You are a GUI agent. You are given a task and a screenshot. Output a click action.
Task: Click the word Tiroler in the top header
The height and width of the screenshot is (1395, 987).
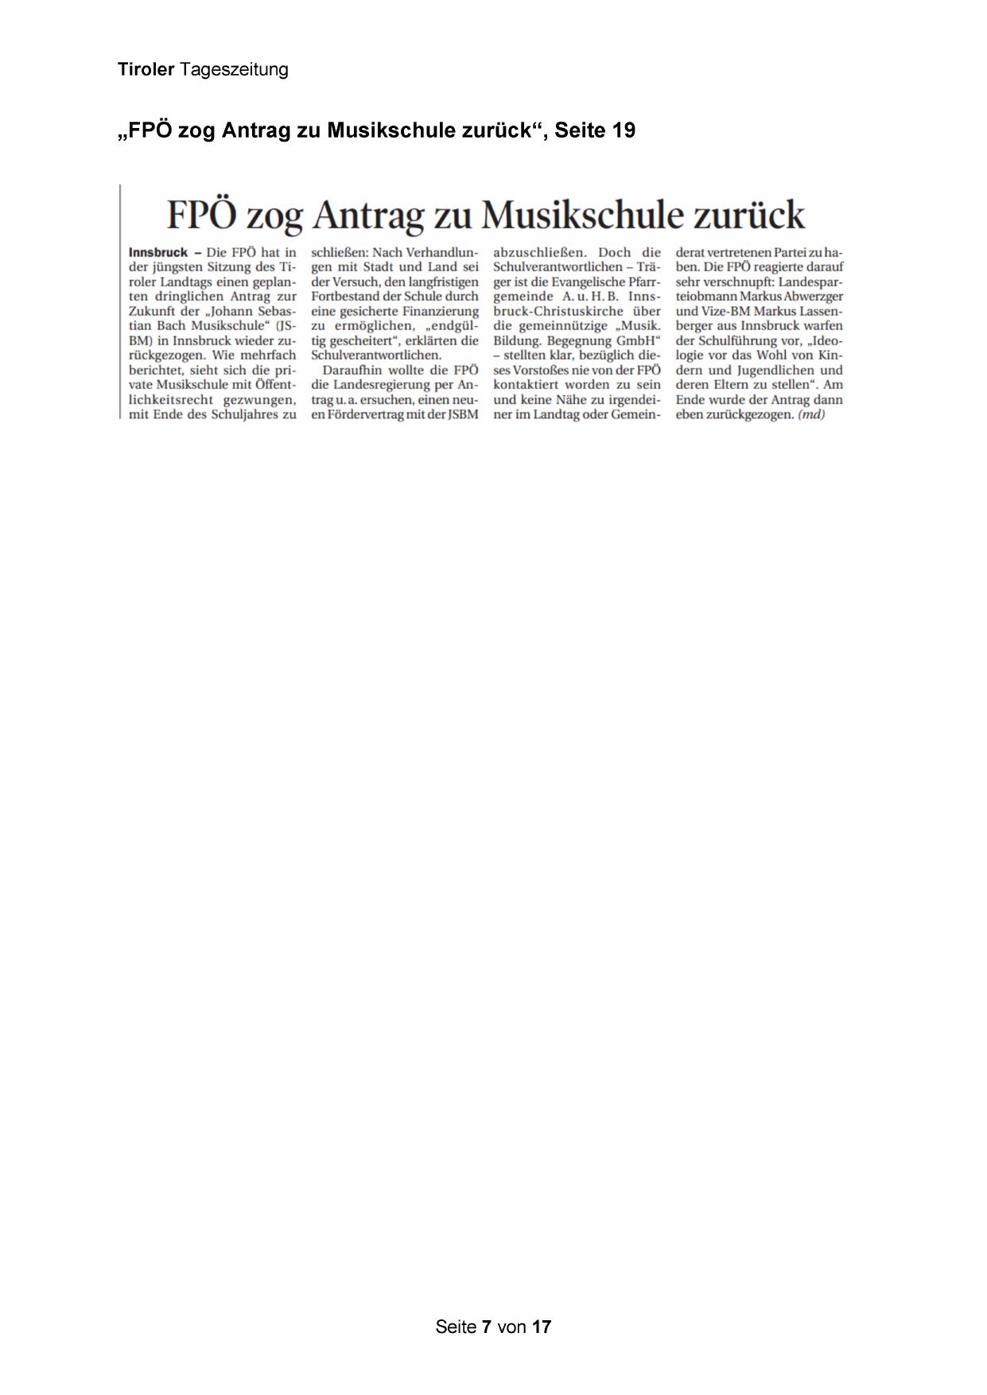tap(146, 70)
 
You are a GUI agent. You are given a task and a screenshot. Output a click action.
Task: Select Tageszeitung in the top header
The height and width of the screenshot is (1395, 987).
tap(234, 70)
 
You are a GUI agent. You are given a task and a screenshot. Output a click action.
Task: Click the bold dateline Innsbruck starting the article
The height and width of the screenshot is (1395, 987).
tap(158, 252)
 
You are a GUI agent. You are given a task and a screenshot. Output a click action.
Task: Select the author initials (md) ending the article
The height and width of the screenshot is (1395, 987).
tap(811, 414)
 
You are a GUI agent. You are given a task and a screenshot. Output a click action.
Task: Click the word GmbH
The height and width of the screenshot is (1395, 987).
tap(639, 340)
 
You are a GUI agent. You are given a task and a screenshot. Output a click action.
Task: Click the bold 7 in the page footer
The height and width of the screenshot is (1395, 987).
tap(486, 1327)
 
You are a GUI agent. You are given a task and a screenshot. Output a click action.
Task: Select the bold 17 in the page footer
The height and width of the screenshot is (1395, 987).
tap(542, 1327)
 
